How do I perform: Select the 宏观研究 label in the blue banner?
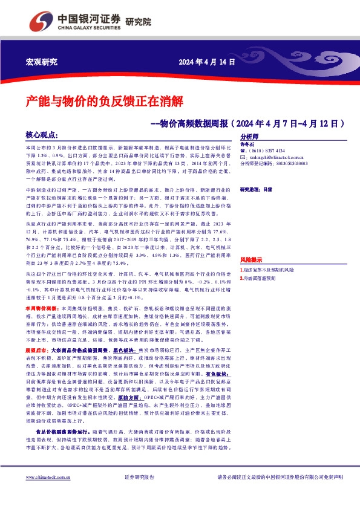tap(42, 62)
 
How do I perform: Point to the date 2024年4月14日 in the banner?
tap(206, 62)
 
